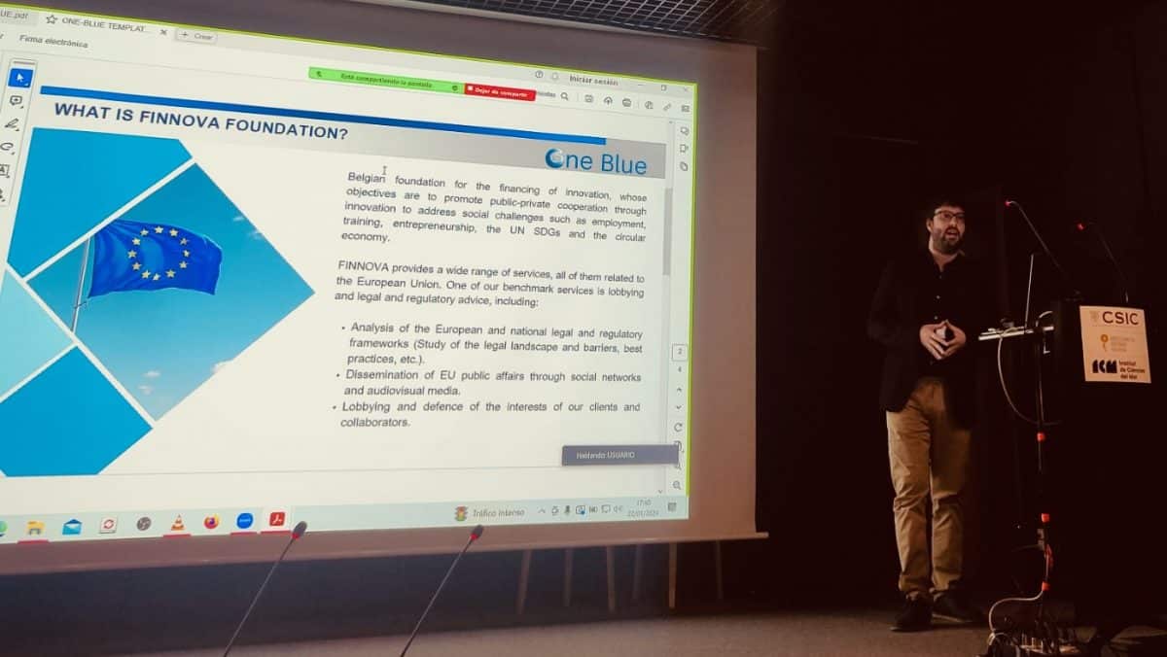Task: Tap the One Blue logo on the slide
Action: [x=595, y=160]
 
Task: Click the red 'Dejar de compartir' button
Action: [x=500, y=92]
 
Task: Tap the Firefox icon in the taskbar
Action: [x=211, y=523]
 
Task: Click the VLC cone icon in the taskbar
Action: [x=177, y=524]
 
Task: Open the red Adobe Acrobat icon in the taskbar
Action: [x=277, y=519]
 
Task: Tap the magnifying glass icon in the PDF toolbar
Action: [x=565, y=96]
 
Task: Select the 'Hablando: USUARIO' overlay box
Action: [x=619, y=455]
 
